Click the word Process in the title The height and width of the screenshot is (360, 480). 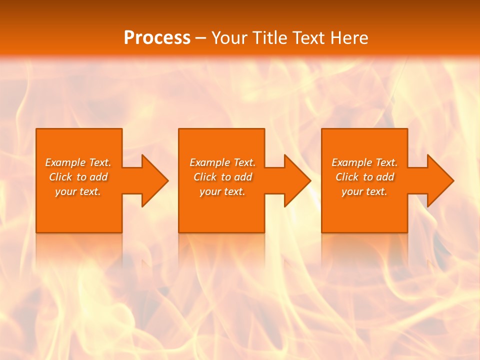[157, 38]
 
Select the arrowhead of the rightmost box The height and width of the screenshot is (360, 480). [439, 180]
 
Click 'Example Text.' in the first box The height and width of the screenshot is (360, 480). [78, 162]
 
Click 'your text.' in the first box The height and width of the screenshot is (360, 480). [78, 191]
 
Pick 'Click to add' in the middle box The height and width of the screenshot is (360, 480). [222, 177]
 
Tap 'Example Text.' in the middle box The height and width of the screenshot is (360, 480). [222, 162]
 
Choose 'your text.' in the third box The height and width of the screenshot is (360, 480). [364, 191]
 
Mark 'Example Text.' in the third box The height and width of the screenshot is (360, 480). [364, 162]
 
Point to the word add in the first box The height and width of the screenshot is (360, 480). [99, 177]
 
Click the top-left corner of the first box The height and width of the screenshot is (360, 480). [37, 129]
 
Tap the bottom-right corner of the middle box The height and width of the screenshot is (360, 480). [263, 231]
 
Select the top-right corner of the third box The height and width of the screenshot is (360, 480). [406, 129]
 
